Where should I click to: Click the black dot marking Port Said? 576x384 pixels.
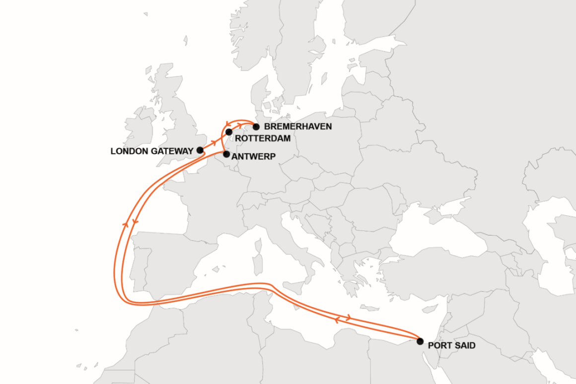click(420, 341)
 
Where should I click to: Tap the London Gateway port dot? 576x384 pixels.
click(200, 150)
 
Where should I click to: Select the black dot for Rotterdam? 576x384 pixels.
click(229, 132)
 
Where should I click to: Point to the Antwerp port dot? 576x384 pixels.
click(226, 154)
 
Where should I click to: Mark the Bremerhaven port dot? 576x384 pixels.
click(256, 127)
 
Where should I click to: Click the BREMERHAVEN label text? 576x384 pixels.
click(298, 127)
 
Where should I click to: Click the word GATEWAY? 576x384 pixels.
click(174, 151)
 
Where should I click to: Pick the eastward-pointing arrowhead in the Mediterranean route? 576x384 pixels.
click(350, 317)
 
